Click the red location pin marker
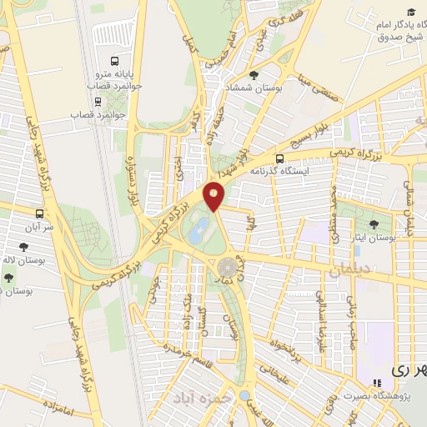click(214, 195)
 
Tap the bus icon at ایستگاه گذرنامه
click(279, 157)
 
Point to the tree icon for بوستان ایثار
click(373, 224)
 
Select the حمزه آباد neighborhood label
click(200, 399)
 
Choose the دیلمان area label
click(348, 270)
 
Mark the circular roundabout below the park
click(228, 268)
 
